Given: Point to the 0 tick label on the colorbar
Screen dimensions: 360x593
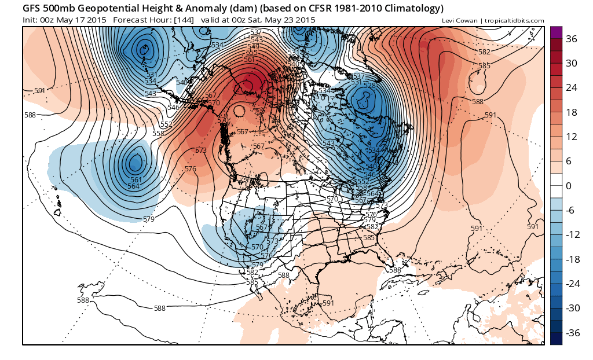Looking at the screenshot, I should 569,186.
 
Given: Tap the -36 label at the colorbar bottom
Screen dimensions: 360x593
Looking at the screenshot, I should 573,333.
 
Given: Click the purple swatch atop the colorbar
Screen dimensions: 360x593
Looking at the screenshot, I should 556,32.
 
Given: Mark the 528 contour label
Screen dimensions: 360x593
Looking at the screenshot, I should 369,86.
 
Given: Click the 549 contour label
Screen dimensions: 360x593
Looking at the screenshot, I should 253,47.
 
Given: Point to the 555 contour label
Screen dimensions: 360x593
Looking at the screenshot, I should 251,53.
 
